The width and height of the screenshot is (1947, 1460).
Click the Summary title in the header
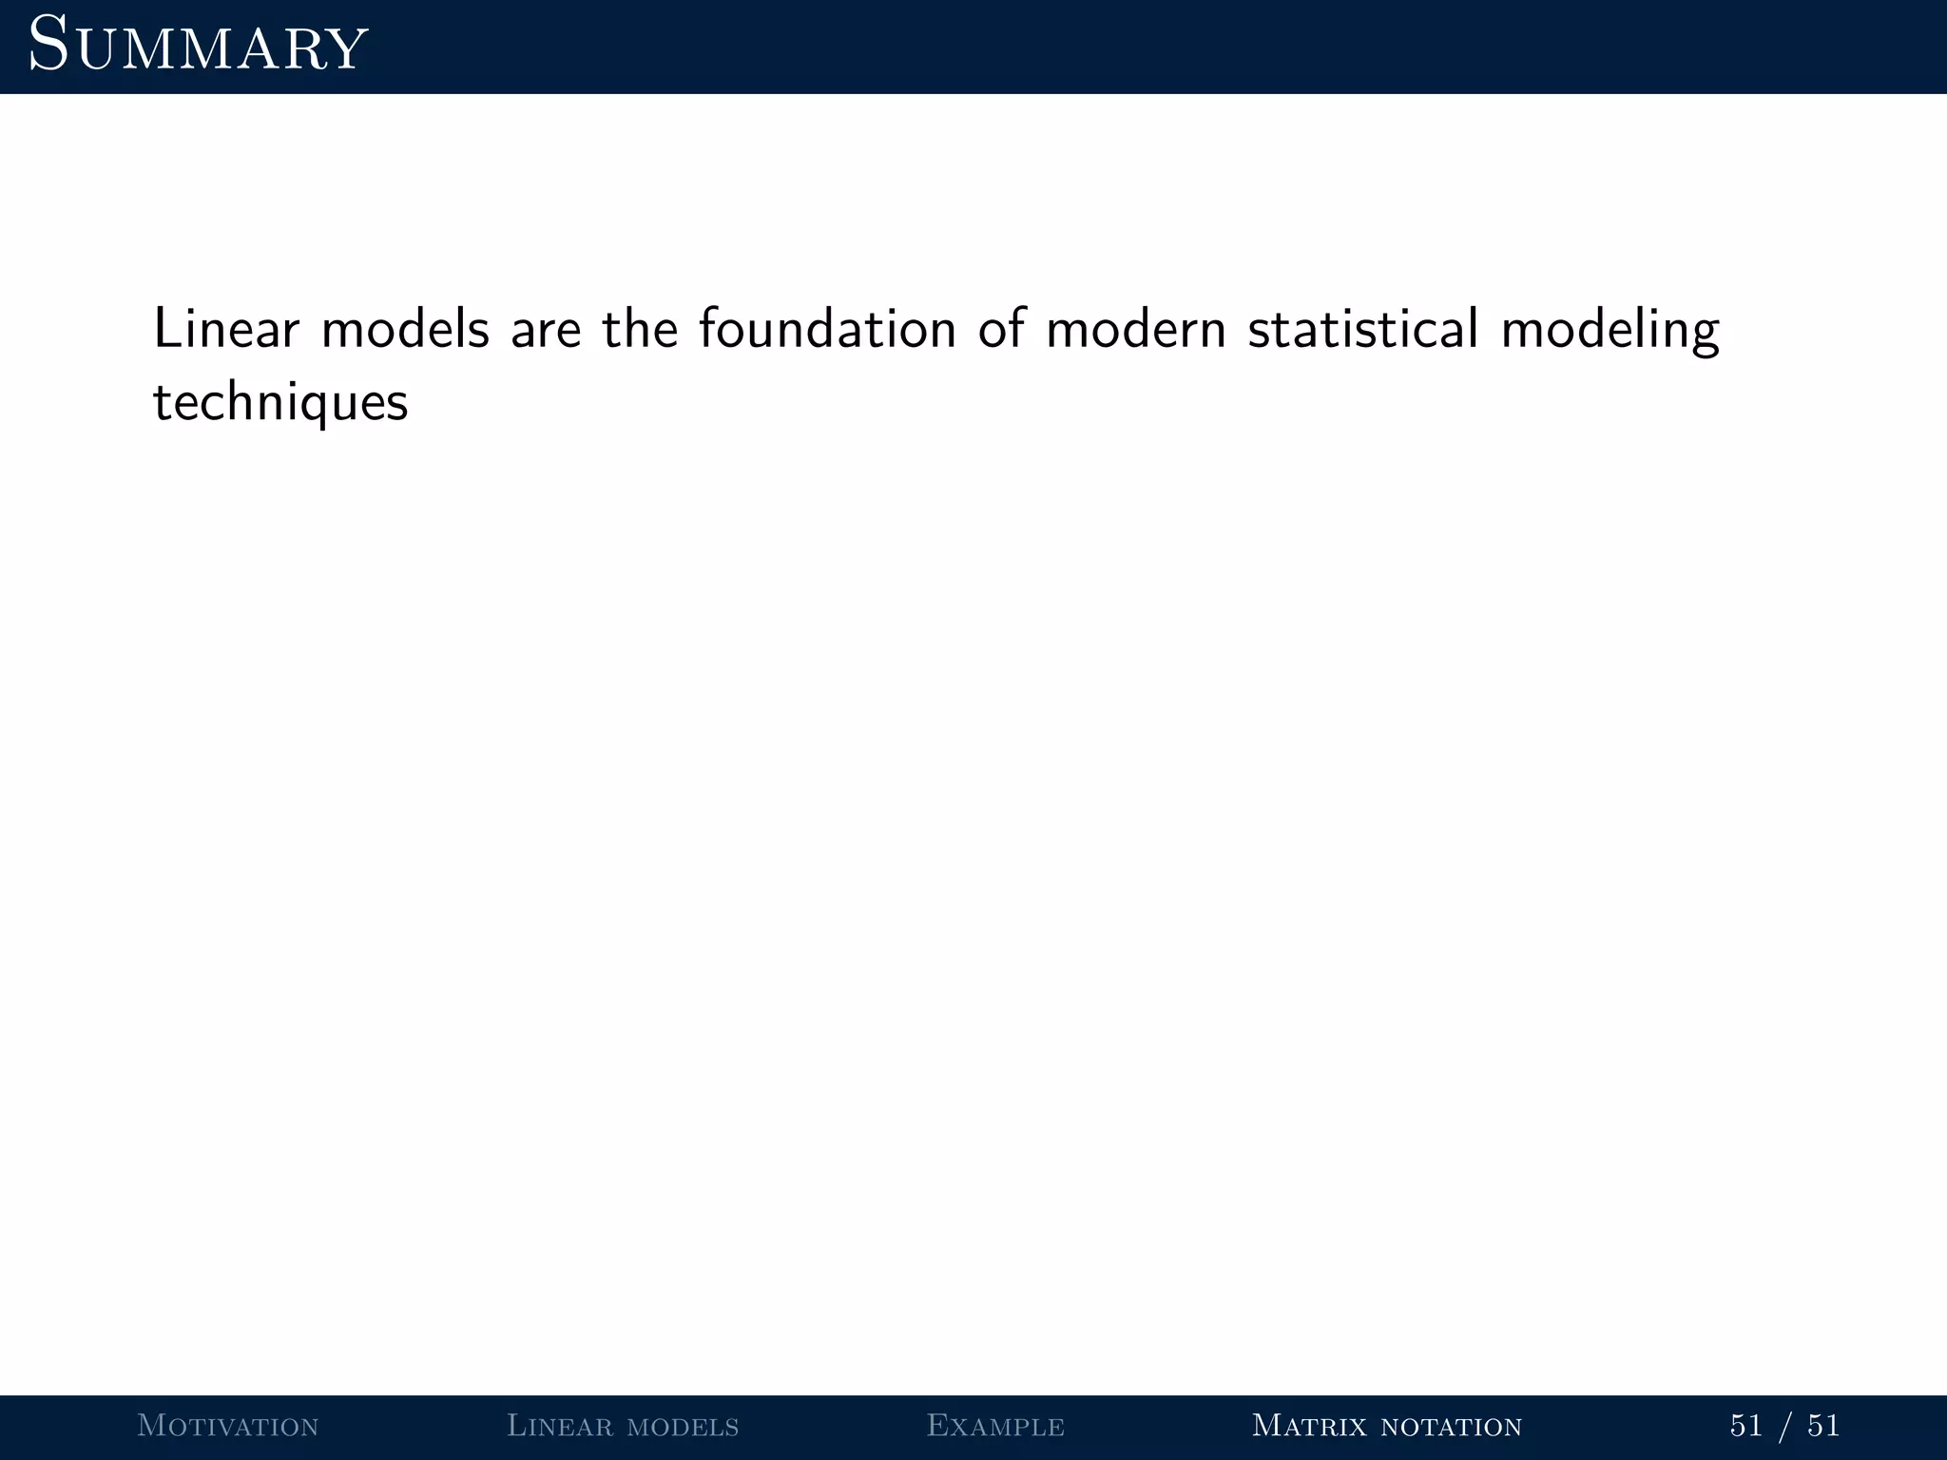[x=198, y=46]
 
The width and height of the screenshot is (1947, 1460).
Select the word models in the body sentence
[x=405, y=329]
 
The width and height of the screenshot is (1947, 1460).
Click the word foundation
[x=827, y=329]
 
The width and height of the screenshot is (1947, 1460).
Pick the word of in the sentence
[x=1003, y=329]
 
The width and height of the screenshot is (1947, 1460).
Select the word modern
[x=1136, y=329]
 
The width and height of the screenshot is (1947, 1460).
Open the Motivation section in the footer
[x=228, y=1426]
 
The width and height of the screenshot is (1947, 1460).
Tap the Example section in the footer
[x=995, y=1426]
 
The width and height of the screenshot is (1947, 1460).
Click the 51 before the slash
[x=1746, y=1426]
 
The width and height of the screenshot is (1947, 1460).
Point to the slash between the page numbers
[x=1785, y=1426]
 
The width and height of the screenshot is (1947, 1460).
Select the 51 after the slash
[x=1823, y=1426]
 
